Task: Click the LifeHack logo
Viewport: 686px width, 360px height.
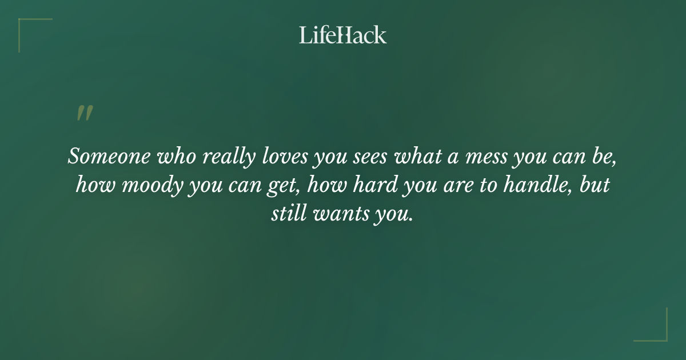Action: click(x=343, y=35)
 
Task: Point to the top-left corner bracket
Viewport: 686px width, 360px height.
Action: click(x=29, y=29)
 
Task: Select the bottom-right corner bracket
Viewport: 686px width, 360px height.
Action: click(x=657, y=331)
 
